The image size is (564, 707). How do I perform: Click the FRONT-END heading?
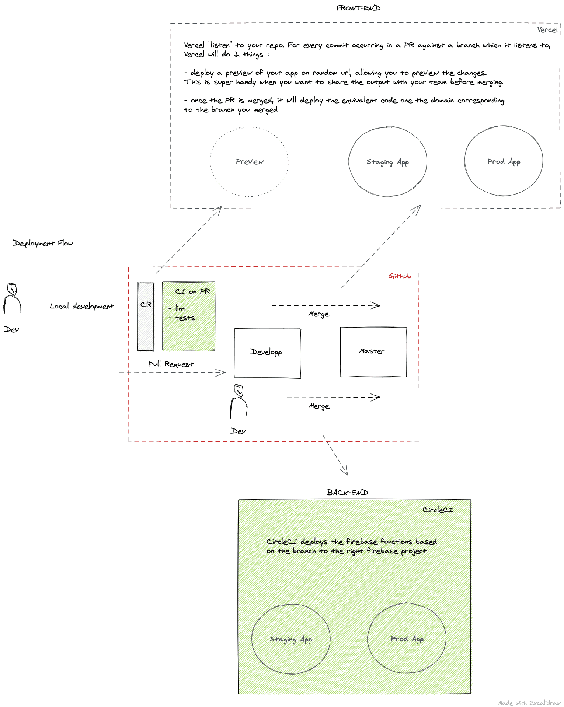pos(358,8)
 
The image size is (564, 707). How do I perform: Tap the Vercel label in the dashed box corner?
pos(547,30)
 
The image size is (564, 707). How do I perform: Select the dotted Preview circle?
pos(249,162)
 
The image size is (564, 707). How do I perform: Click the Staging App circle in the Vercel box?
pos(387,162)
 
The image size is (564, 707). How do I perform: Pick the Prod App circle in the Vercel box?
pos(504,161)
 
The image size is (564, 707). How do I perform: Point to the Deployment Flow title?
pos(43,243)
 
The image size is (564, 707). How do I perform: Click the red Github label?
pos(399,276)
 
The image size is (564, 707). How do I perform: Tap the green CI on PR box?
pos(189,316)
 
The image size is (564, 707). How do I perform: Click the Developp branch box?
pos(267,353)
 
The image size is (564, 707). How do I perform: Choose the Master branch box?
pos(373,352)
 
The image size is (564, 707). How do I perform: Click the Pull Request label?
pos(170,364)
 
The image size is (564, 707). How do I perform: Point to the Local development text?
pos(82,306)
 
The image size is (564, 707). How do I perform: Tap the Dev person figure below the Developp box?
pos(239,402)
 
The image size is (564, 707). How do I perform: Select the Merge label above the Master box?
pos(319,314)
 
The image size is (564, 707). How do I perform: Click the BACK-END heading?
pos(347,493)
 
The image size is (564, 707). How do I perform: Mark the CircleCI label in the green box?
pos(438,510)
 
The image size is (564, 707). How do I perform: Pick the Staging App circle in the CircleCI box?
pos(290,639)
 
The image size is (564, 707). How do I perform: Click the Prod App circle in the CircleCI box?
pos(407,638)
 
